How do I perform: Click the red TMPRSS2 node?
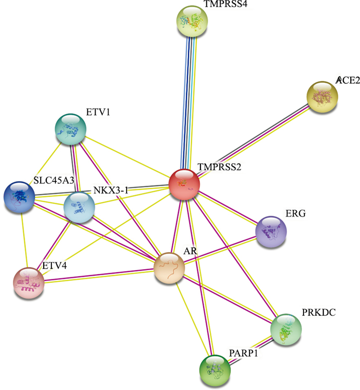(184, 185)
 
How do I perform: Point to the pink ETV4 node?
(29, 282)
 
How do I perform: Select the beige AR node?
(170, 268)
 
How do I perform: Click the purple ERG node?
(271, 232)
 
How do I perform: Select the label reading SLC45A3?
(51, 180)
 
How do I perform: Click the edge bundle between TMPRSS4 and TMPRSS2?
(188, 103)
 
